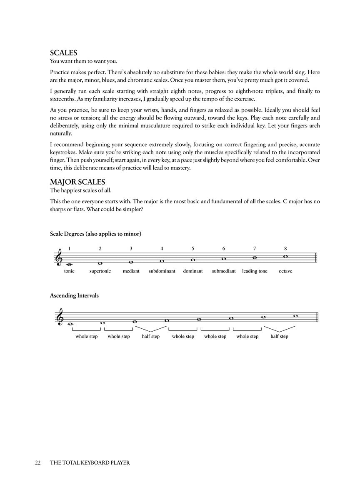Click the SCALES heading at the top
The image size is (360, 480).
[64, 53]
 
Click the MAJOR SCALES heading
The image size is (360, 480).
[77, 182]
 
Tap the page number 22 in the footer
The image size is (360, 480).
[38, 462]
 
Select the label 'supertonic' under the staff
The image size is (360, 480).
[100, 271]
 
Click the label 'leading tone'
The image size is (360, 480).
[255, 271]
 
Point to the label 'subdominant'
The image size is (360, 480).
[162, 271]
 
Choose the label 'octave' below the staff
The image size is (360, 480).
[285, 271]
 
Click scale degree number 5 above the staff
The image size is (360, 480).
[193, 249]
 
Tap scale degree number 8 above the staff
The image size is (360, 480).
[285, 249]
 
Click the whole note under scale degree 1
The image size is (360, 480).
[69, 264]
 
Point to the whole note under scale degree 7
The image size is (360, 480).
[255, 257]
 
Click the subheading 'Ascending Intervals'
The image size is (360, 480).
[74, 296]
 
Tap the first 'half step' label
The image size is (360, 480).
[150, 337]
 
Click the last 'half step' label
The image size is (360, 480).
[279, 337]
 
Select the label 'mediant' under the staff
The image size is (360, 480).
[131, 271]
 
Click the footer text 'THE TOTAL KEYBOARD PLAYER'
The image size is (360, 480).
[90, 462]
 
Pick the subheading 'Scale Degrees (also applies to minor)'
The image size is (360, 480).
[95, 234]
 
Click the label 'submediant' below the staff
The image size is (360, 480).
[224, 271]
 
